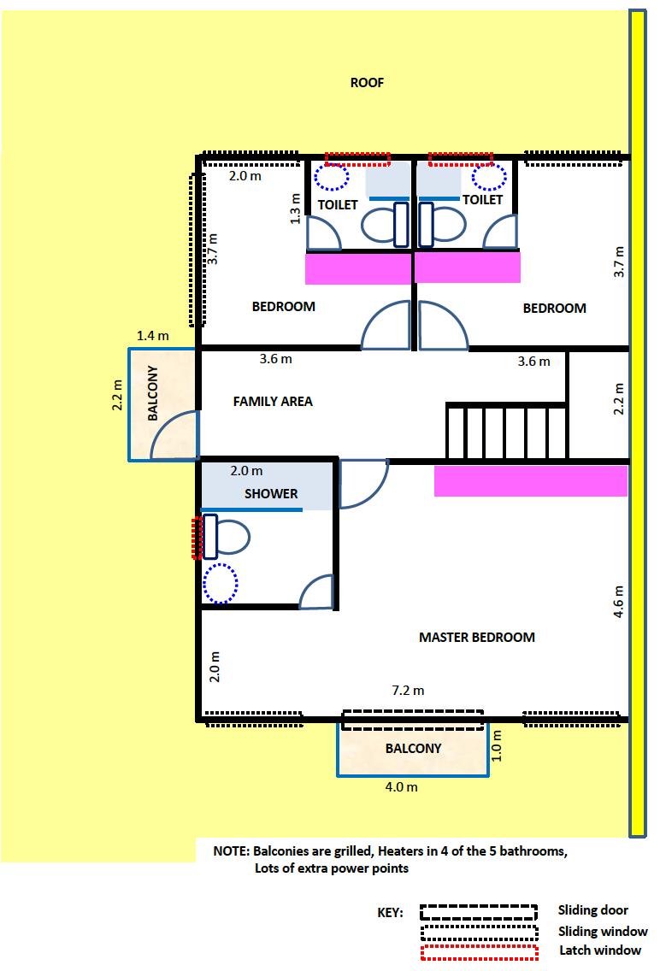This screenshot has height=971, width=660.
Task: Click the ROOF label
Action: (367, 82)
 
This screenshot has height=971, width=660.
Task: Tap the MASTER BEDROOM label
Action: (477, 638)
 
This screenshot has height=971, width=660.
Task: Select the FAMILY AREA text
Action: (273, 401)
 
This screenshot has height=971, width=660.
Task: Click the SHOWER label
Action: (271, 493)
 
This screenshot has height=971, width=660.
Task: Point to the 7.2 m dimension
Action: (408, 691)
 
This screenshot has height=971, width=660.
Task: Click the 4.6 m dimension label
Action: (618, 601)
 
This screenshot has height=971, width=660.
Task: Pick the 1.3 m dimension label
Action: (295, 209)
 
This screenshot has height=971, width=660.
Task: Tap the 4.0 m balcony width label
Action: (401, 787)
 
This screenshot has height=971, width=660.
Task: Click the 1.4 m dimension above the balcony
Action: (152, 336)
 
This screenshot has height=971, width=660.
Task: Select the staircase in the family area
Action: (506, 431)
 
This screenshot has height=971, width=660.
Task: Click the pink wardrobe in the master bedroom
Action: (531, 481)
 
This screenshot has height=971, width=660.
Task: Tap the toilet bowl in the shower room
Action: (227, 537)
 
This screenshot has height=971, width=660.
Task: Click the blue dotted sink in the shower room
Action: (221, 583)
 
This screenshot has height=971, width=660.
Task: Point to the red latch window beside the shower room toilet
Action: (197, 538)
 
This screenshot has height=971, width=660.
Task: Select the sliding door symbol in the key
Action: (479, 913)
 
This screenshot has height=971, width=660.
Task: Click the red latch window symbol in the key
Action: (480, 952)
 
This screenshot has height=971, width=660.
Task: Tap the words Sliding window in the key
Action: (603, 932)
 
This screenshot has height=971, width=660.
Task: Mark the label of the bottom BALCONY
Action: (414, 748)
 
